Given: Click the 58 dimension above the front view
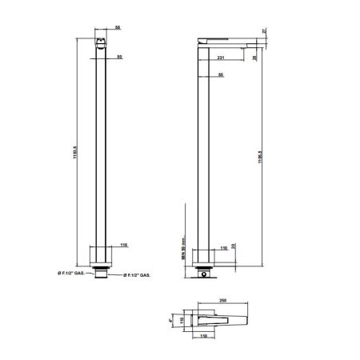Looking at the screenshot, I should click(118, 27).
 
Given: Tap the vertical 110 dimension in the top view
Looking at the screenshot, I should click(182, 321).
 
